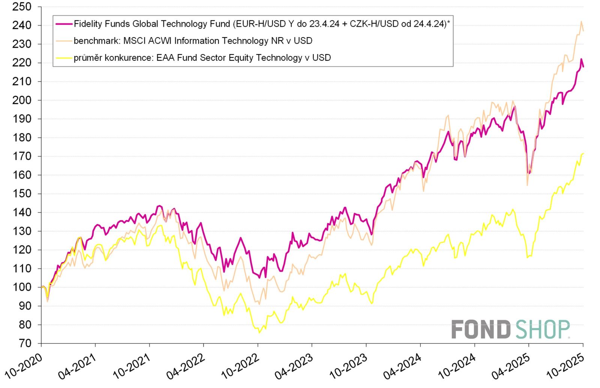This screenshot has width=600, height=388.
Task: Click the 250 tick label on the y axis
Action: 22,7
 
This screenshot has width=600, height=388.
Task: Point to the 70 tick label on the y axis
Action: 25,343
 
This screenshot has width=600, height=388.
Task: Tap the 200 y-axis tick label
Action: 22,100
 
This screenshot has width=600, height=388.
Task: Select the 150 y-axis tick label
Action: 22,194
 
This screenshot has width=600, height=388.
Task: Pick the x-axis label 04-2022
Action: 186,367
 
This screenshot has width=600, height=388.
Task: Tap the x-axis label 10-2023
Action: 349,367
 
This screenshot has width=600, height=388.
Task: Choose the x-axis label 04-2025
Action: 511,367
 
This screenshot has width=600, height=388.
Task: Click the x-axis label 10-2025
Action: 565,367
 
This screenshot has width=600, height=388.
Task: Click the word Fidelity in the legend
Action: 87,24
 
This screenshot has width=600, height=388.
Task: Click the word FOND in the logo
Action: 481,330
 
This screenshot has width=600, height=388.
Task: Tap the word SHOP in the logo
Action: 543,330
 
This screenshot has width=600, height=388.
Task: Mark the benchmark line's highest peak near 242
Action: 581,22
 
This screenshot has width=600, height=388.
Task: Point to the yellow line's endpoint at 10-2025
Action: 583,153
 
